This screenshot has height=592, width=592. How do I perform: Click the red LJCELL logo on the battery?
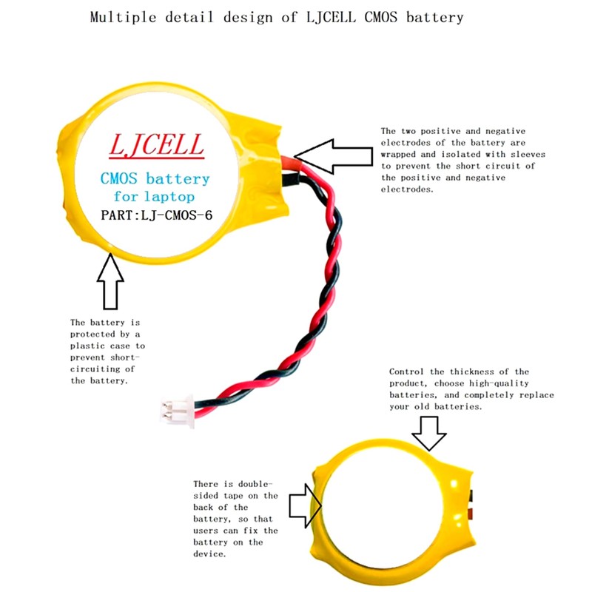(156, 145)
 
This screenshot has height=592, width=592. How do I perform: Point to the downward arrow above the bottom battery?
(430, 433)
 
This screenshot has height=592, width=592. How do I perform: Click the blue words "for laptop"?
(154, 198)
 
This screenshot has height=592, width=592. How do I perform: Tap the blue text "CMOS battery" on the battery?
(155, 178)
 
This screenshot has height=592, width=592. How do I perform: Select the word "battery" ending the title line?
(440, 17)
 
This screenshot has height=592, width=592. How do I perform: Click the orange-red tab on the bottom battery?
(471, 514)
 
